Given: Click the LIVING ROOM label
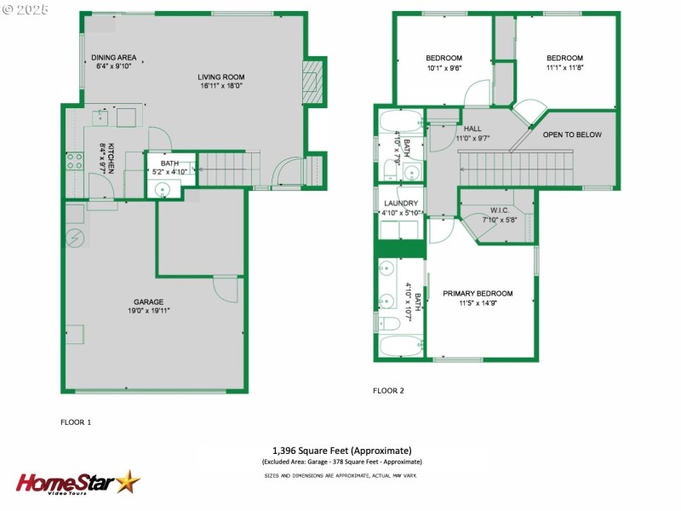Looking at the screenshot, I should (x=222, y=76).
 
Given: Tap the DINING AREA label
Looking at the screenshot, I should (x=114, y=57).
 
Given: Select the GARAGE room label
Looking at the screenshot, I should (x=148, y=301).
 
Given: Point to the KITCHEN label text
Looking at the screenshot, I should (x=111, y=158).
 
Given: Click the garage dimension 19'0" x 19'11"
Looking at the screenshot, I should (x=148, y=311).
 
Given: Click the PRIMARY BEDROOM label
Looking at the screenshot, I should (x=478, y=293).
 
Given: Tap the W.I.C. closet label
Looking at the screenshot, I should (x=499, y=210).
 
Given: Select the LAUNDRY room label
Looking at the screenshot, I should (x=400, y=203).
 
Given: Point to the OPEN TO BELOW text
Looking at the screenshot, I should (x=572, y=135).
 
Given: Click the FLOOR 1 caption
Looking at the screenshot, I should (x=76, y=422).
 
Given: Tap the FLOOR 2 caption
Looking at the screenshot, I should (x=388, y=391).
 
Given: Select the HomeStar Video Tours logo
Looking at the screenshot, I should (x=77, y=483).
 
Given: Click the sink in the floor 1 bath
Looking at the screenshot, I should (x=162, y=189).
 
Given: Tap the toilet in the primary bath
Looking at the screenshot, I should (x=388, y=323).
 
